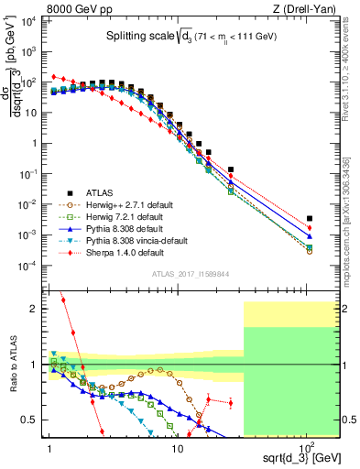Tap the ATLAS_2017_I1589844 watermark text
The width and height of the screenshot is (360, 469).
(x=191, y=272)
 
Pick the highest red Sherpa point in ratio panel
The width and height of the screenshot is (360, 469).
(x=62, y=300)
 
